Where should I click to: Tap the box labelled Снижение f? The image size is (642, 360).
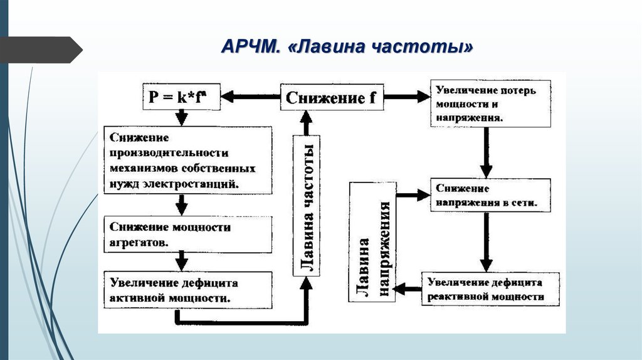point(332,97)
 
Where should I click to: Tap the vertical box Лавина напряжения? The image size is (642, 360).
point(374,242)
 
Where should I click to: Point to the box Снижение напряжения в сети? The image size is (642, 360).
point(490,196)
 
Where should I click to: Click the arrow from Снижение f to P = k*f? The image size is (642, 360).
point(251,97)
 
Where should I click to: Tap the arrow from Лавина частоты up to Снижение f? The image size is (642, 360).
point(307,122)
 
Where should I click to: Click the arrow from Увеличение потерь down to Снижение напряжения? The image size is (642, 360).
point(485,151)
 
